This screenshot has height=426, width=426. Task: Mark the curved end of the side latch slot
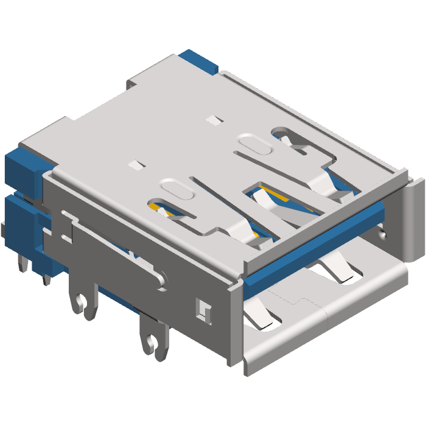click(161, 279)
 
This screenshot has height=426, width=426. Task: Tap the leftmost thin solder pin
click(23, 262)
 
